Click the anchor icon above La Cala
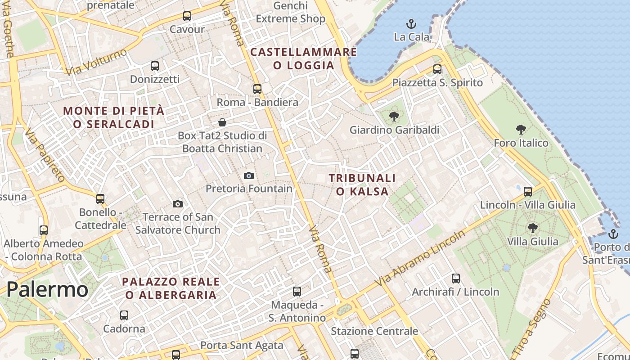410,23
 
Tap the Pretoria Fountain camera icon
249,175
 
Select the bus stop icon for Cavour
187,16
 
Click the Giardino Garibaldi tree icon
394,117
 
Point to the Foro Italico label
521,143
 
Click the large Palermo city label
47,289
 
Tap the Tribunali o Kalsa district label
362,184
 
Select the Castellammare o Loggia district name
304,58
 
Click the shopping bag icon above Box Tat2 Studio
222,122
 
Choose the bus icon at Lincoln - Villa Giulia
528,192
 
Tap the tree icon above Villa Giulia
533,228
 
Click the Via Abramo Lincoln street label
420,259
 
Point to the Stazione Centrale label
374,332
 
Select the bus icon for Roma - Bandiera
257,89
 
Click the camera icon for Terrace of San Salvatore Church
178,204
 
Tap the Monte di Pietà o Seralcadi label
114,117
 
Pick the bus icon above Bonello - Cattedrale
100,198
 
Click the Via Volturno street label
96,62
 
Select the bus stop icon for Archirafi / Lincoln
456,279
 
